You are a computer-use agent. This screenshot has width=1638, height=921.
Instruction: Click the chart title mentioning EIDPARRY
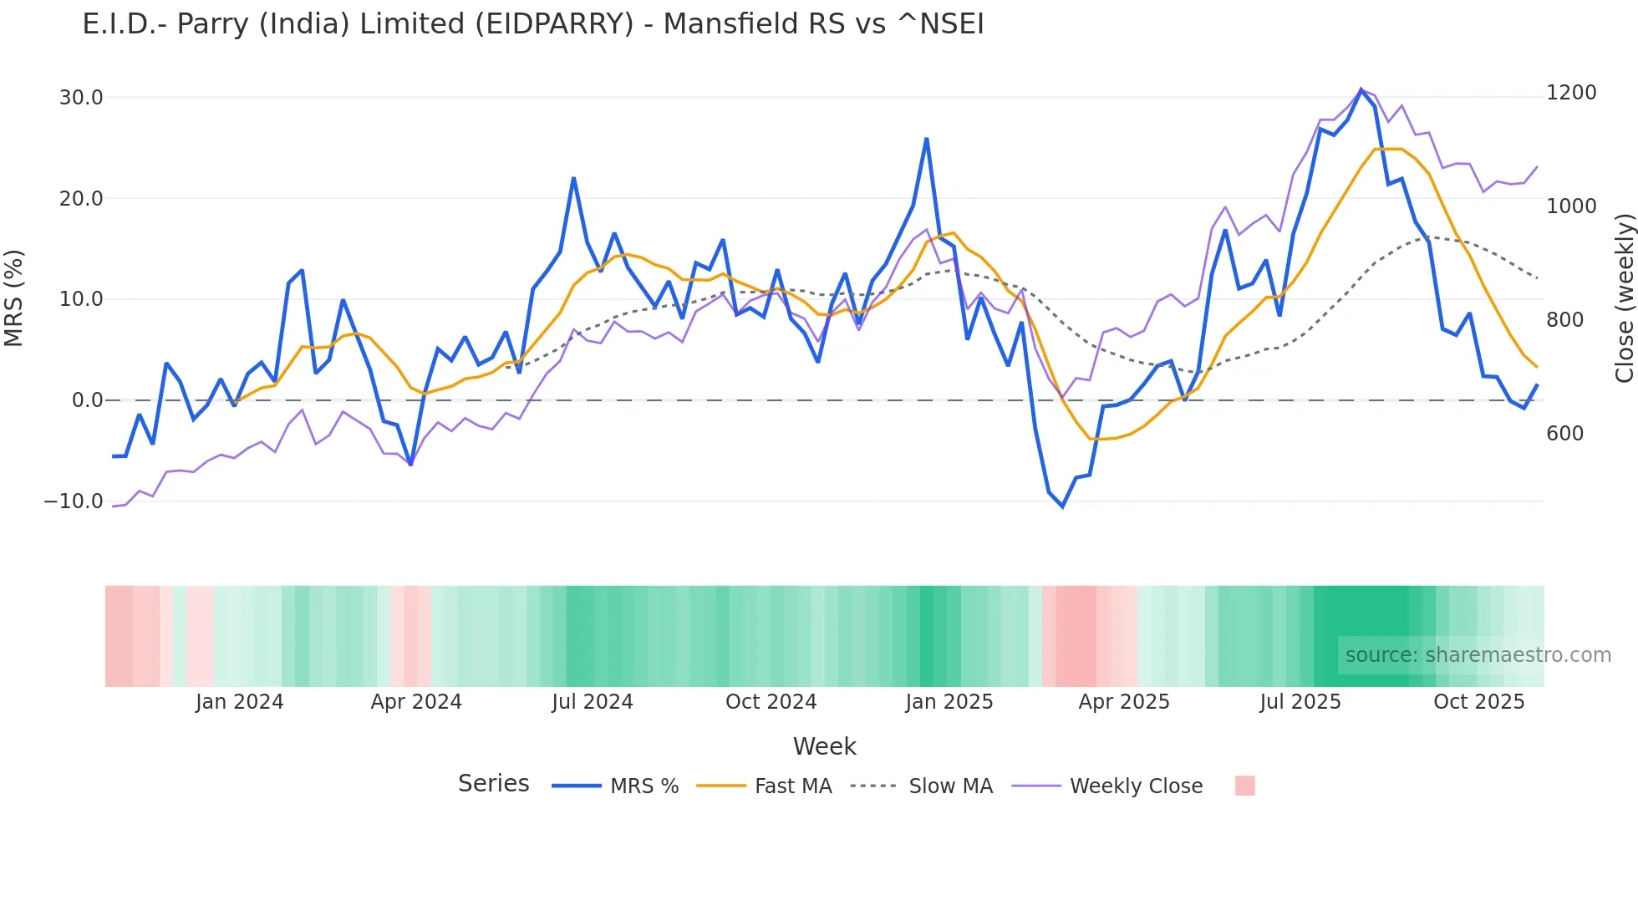[532, 24]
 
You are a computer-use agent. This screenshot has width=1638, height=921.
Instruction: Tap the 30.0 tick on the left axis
[81, 98]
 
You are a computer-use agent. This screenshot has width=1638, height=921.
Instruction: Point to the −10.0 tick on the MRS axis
[74, 501]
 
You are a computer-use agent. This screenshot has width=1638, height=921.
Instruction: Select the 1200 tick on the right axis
[1571, 93]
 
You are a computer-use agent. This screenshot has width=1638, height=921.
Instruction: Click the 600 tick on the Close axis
[1564, 434]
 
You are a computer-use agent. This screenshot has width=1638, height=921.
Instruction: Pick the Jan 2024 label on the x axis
[239, 702]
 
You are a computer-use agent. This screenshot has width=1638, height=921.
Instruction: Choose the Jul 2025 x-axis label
[1300, 702]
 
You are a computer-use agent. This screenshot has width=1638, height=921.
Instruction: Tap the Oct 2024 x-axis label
[771, 702]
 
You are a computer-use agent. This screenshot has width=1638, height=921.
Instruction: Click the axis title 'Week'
[824, 746]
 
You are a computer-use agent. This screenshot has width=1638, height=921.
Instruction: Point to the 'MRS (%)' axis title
[14, 298]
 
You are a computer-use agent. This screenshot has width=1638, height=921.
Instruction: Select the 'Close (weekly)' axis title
[1624, 298]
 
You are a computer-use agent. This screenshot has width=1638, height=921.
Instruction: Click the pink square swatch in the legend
[1244, 786]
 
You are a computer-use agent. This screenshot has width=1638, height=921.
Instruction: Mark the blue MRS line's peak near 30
[1361, 89]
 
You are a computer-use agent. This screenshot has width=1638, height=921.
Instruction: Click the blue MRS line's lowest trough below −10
[1062, 506]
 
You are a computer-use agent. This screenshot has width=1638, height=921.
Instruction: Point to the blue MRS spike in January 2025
[927, 140]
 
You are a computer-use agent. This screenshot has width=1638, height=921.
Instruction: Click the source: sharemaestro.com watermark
[1478, 655]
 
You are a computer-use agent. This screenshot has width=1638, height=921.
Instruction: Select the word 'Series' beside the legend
[493, 784]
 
